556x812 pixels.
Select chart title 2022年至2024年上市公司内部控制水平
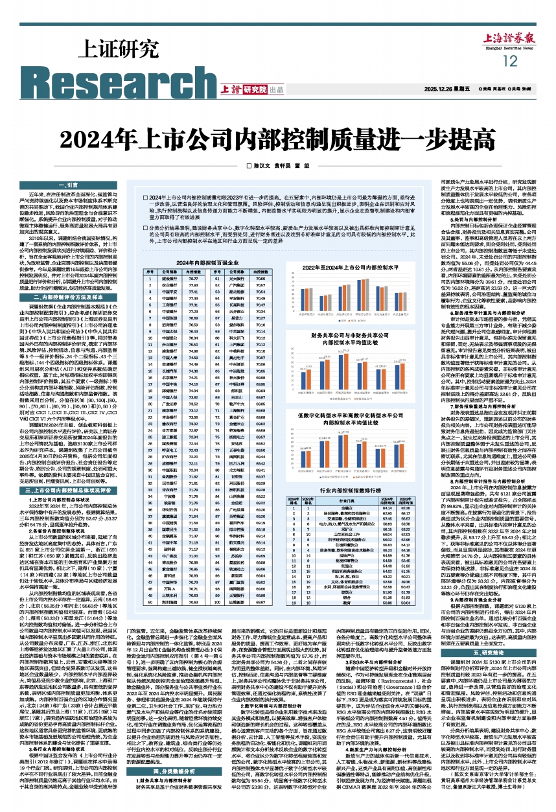point(342,266)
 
